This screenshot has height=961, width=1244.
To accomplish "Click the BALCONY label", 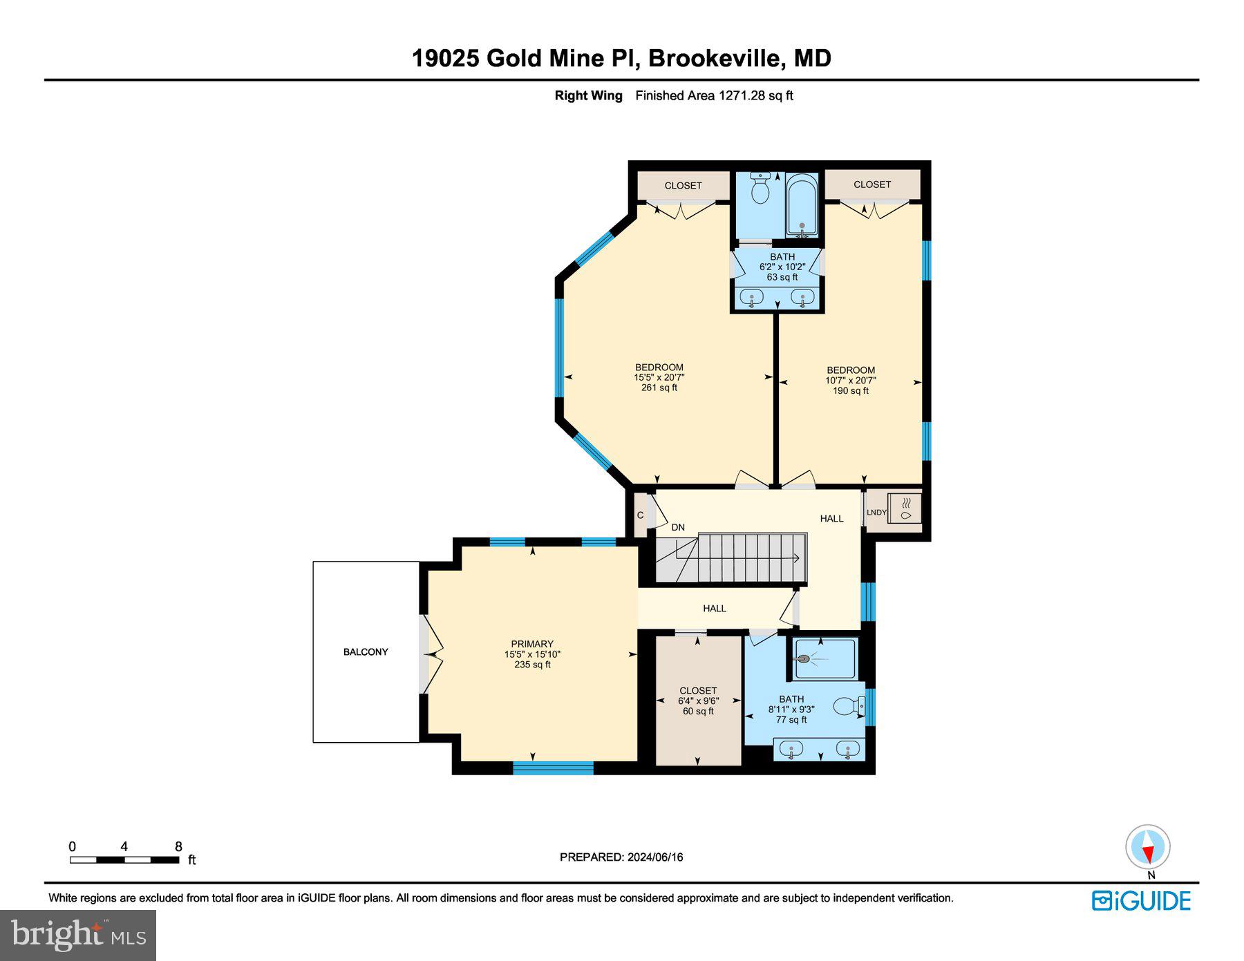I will click(x=366, y=651).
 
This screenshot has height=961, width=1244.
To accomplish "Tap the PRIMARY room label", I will click(x=532, y=644).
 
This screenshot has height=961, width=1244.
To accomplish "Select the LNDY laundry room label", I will click(x=876, y=512).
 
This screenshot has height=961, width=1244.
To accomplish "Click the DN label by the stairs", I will click(x=678, y=527).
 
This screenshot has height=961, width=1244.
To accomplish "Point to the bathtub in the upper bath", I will click(x=802, y=206).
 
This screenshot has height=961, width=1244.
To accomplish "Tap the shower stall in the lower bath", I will click(x=824, y=658).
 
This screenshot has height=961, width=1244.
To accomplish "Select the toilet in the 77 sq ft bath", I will click(x=849, y=706).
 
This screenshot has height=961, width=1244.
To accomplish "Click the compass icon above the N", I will click(x=1148, y=847).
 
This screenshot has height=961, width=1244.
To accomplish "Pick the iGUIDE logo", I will click(x=1141, y=901).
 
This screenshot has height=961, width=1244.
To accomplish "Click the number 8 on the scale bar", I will click(x=178, y=846).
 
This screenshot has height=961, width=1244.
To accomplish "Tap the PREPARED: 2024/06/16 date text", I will click(x=621, y=857).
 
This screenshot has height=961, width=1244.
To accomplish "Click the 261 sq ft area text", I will click(x=659, y=388).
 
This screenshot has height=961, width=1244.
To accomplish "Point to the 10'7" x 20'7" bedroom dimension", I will click(x=851, y=380).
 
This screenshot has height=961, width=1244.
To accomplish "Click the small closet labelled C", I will click(x=641, y=515).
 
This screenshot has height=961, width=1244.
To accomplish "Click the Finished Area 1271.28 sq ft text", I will click(x=714, y=95).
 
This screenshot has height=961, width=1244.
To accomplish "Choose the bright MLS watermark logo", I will click(x=78, y=935).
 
